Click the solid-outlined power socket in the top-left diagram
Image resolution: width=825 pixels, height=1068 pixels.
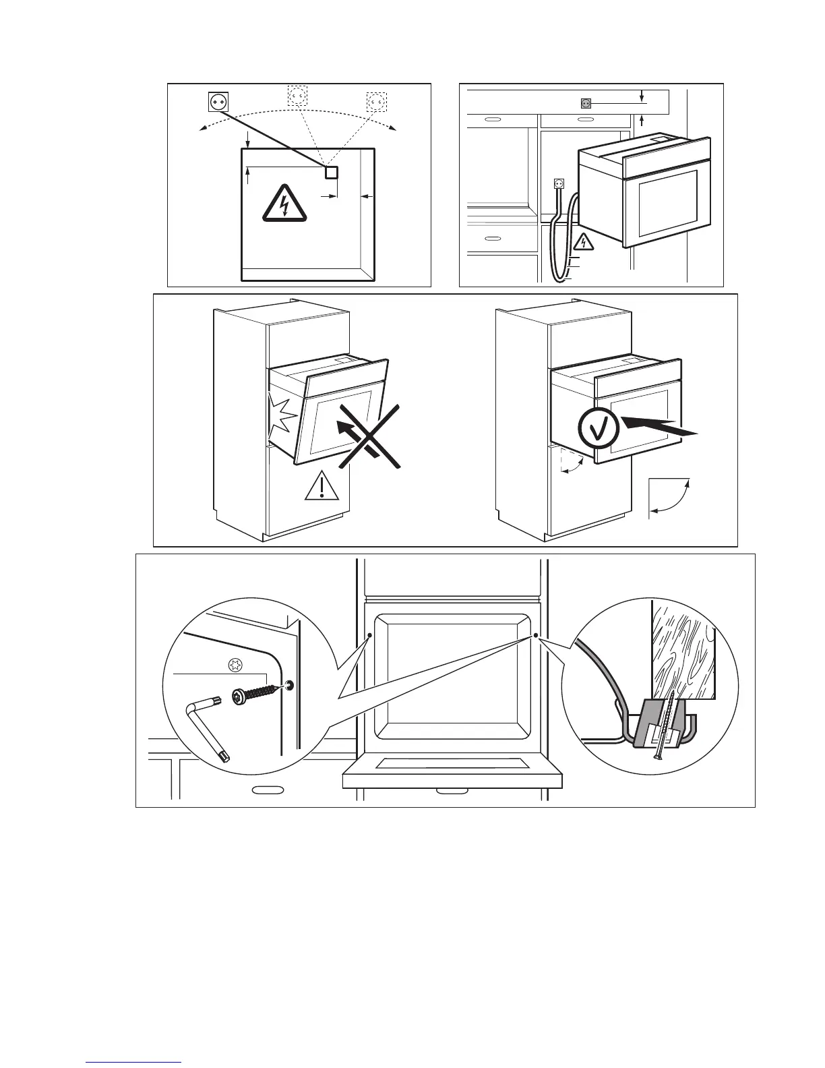(x=218, y=101)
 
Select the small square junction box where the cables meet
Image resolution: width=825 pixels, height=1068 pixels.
(x=331, y=172)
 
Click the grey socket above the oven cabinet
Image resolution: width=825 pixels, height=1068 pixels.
(x=585, y=103)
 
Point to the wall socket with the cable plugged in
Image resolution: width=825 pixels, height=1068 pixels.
(x=558, y=183)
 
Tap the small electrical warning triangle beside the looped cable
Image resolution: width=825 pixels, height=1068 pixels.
(x=584, y=241)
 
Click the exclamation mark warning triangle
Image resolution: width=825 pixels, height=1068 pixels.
(x=322, y=486)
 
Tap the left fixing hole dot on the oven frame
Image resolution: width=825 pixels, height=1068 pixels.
(x=370, y=635)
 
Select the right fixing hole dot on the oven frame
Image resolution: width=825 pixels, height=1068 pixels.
(x=534, y=635)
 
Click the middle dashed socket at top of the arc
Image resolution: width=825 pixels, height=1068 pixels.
(x=297, y=96)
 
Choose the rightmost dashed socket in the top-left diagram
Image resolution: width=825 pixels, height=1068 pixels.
(x=376, y=101)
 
